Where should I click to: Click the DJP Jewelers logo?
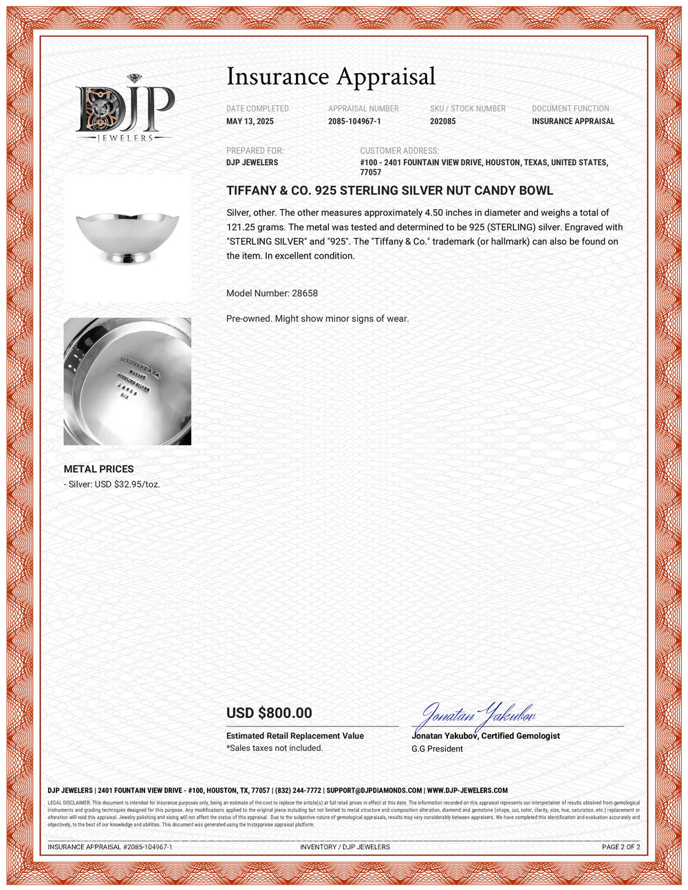tap(125, 109)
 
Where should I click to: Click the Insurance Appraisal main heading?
tap(331, 76)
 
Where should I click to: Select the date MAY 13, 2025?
tap(250, 122)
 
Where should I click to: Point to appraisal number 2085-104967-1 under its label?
tap(354, 122)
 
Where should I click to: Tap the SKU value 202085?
tap(442, 122)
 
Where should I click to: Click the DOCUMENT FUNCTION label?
tap(570, 109)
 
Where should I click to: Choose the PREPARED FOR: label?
tap(255, 151)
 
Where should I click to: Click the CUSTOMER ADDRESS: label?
tap(399, 151)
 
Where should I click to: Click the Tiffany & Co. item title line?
tap(389, 191)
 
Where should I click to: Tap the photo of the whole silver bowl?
tap(127, 237)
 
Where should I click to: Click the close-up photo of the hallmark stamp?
tap(127, 381)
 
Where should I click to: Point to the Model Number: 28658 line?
tap(272, 293)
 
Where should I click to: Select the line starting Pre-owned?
tap(317, 318)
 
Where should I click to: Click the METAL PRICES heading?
tap(98, 469)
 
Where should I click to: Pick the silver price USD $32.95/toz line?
tap(111, 484)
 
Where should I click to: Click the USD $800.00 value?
tap(269, 713)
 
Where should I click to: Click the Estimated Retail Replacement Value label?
tap(295, 736)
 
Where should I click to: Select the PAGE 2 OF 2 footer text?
tap(621, 847)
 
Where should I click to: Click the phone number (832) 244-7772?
tap(298, 790)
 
